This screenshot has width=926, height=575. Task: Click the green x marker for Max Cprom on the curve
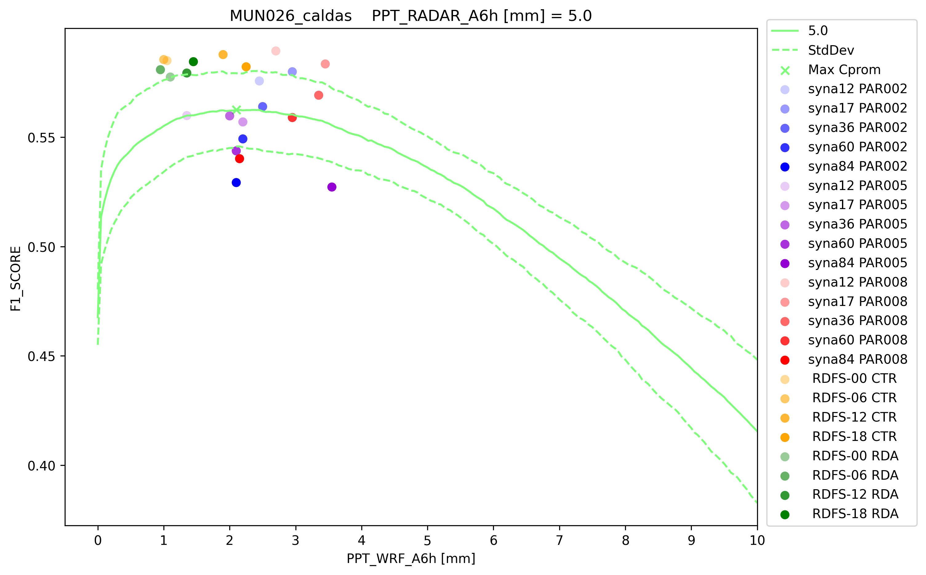click(236, 110)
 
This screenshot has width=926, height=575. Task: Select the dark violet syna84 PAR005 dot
click(331, 187)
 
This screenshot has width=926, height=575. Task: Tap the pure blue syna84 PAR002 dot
click(236, 183)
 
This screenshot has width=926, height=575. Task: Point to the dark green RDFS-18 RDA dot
click(193, 61)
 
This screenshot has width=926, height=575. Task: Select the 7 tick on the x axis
click(559, 540)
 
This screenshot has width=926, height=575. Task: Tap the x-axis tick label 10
click(757, 540)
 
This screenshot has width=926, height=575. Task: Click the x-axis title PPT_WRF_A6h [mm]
click(411, 559)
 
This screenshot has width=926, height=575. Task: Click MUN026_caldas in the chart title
click(291, 16)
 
